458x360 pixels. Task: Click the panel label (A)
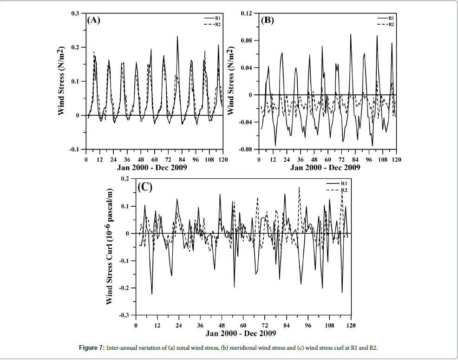94,20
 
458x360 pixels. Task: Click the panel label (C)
145,186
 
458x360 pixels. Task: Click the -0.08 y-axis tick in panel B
246,150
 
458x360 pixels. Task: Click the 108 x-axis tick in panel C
329,325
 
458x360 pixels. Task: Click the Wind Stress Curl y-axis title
110,246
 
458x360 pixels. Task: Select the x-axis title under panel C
242,333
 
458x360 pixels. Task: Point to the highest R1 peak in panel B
351,34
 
